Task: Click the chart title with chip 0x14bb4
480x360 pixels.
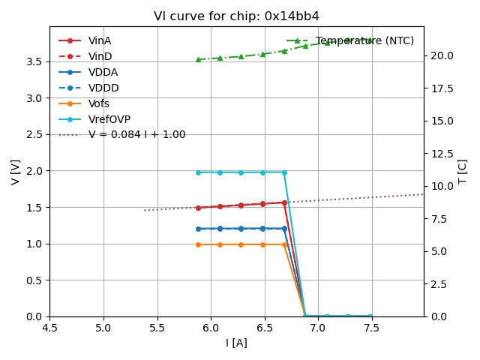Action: click(x=236, y=16)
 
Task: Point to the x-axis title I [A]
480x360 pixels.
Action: click(x=236, y=343)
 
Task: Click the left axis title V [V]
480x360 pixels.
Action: click(x=16, y=172)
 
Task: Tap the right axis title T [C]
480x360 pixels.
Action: click(x=463, y=172)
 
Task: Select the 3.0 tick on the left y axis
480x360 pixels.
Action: click(x=35, y=98)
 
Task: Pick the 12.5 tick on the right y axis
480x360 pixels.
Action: click(x=441, y=154)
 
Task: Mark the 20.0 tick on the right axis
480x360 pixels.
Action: click(x=441, y=55)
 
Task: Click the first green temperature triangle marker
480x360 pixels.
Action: click(x=198, y=59)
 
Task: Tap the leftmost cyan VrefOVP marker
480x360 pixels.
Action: click(x=198, y=172)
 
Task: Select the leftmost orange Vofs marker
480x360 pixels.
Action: click(x=198, y=244)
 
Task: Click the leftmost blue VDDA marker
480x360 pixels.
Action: click(x=198, y=229)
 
